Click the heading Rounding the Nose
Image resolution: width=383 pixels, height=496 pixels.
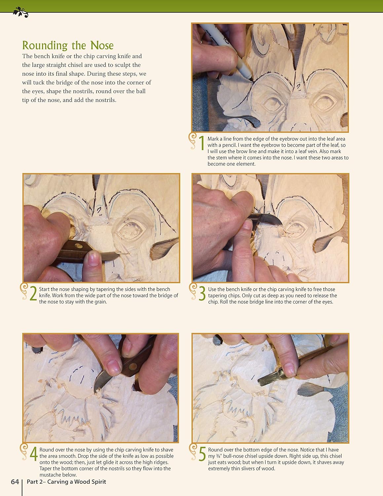coord(68,45)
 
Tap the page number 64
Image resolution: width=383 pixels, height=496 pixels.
coord(15,482)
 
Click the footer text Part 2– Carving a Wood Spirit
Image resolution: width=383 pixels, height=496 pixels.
coord(66,482)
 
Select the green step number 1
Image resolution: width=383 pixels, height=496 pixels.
coord(202,143)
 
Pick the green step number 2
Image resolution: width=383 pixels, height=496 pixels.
coord(33,293)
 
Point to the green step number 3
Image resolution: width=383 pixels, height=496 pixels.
coord(202,293)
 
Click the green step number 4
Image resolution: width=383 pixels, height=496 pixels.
coord(33,454)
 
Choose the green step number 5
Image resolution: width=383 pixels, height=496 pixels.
coord(202,454)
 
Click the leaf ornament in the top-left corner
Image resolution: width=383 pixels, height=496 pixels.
coord(20,13)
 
